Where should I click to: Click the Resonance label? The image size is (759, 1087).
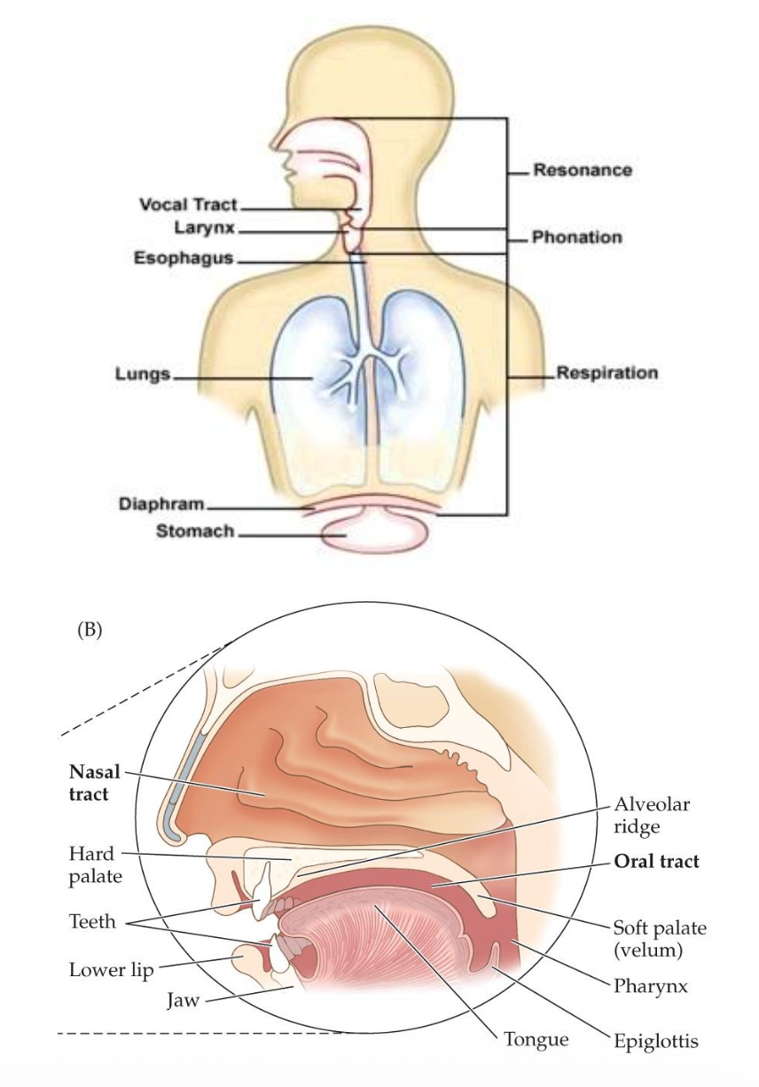582,170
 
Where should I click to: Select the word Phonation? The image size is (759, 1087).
576,238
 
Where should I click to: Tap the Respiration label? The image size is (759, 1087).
606,373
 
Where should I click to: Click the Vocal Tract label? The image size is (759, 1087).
188,205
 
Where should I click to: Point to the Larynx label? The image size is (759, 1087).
205,229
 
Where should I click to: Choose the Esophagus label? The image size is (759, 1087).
184,258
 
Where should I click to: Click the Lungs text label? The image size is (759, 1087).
142,373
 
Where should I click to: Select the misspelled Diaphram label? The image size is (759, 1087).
162,504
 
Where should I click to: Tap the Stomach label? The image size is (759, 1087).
195,532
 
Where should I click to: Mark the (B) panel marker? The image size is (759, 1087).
90,630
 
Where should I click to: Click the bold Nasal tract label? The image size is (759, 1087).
93,783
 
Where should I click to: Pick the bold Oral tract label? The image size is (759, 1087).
656,861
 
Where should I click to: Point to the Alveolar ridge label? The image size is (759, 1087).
652,815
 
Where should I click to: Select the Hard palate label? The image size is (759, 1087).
94,865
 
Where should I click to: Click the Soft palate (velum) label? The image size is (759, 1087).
660,940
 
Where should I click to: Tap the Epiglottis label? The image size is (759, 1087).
656,1041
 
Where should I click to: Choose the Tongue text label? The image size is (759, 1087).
536,1039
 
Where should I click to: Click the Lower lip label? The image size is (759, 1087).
111,969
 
